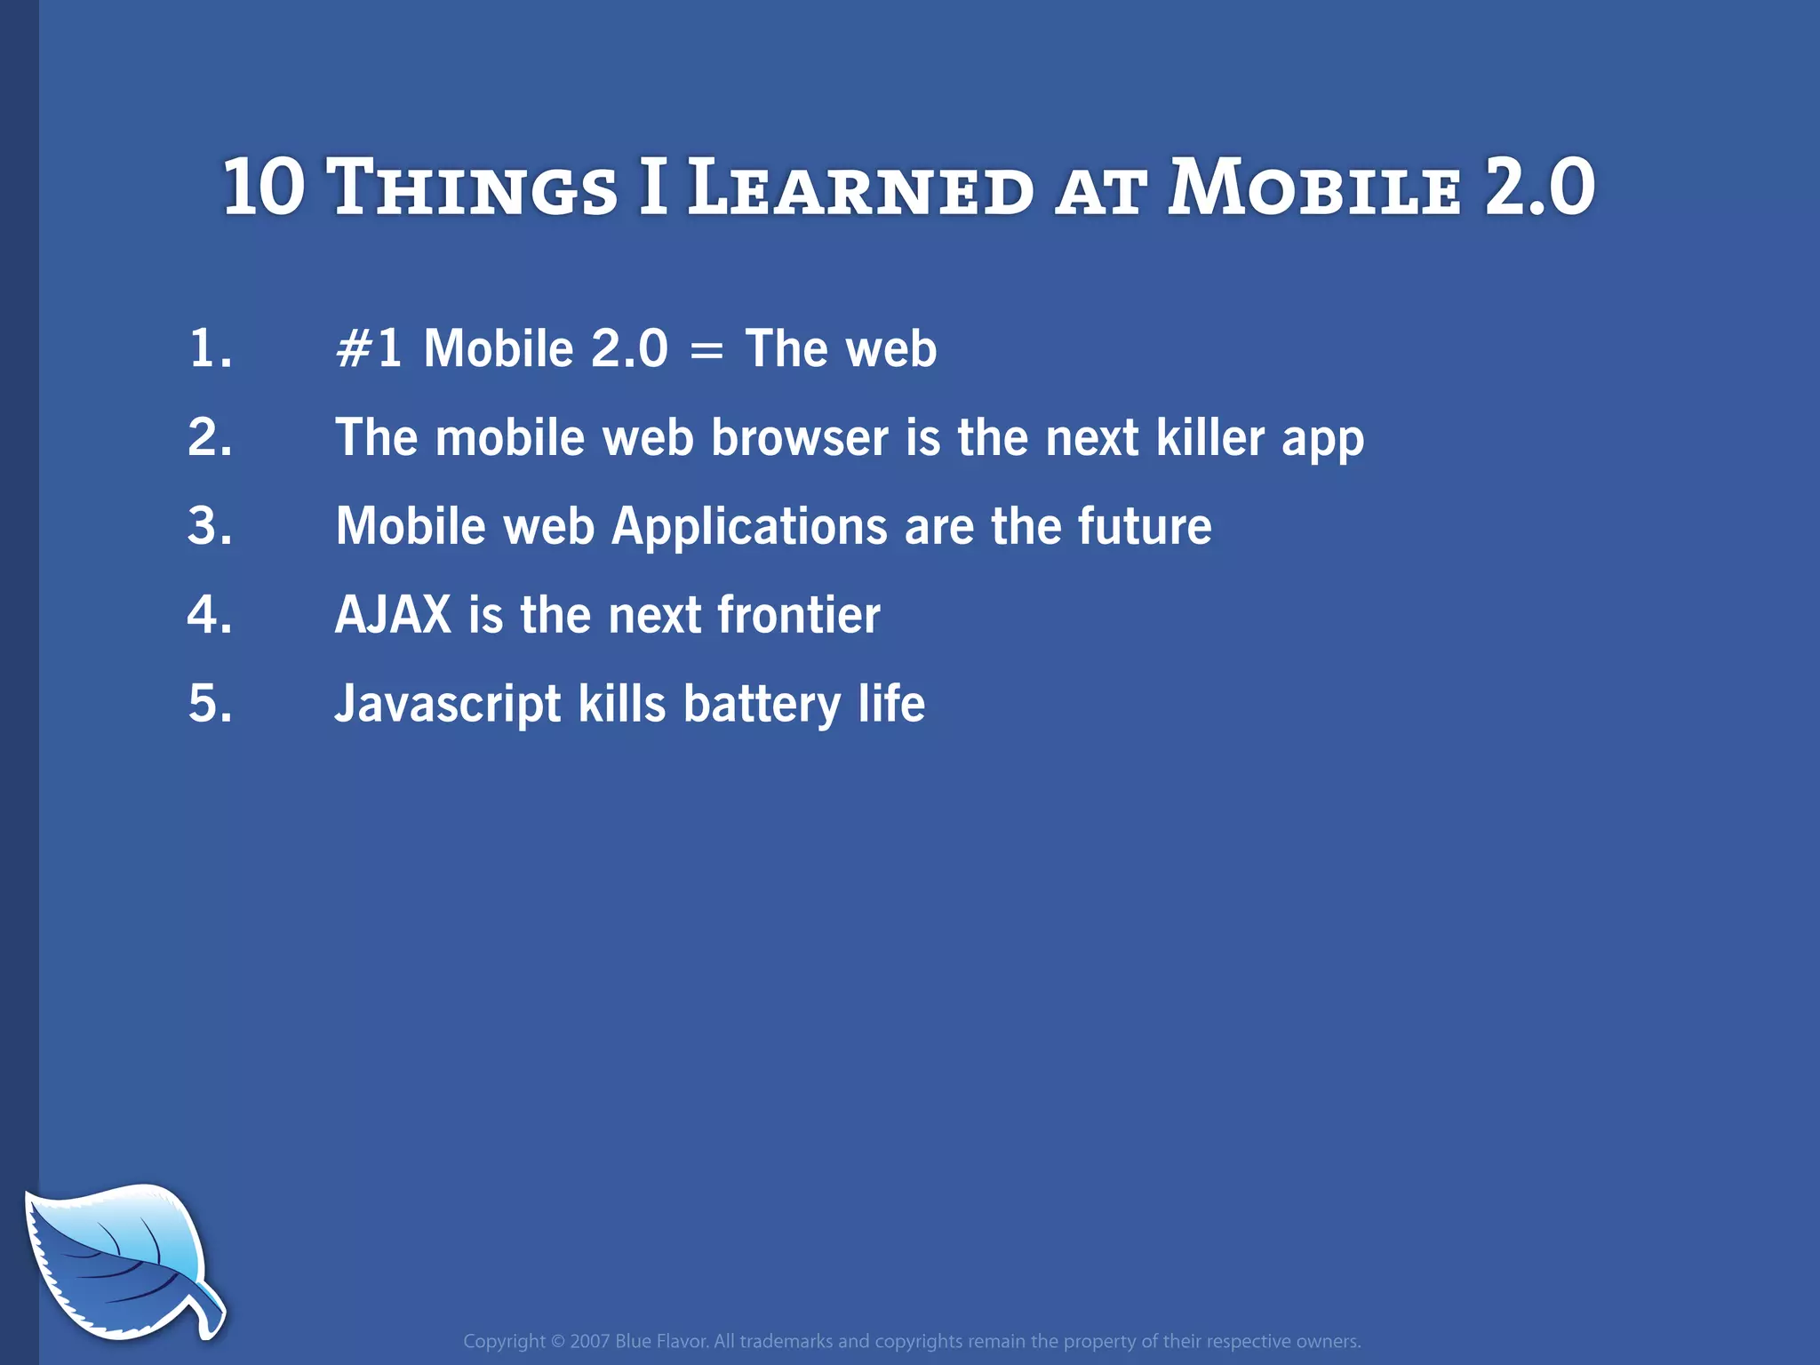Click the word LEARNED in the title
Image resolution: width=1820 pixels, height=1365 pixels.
coord(860,188)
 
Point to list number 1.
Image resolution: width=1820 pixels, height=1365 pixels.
coord(211,348)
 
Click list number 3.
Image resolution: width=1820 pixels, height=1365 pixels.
coord(211,526)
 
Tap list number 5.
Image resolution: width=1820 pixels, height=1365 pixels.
coord(211,704)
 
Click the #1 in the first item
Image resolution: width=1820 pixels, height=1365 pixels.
coord(369,348)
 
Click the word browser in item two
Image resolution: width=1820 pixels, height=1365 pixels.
coord(799,438)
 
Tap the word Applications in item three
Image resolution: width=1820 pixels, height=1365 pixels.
coord(749,527)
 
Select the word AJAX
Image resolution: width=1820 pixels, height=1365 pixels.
coord(393,615)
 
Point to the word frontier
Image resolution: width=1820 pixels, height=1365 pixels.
coord(798,615)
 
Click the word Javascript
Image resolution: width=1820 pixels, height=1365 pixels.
coord(447,705)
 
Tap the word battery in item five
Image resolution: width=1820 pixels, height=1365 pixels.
coord(762,705)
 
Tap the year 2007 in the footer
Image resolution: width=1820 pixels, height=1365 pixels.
coord(589,1341)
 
